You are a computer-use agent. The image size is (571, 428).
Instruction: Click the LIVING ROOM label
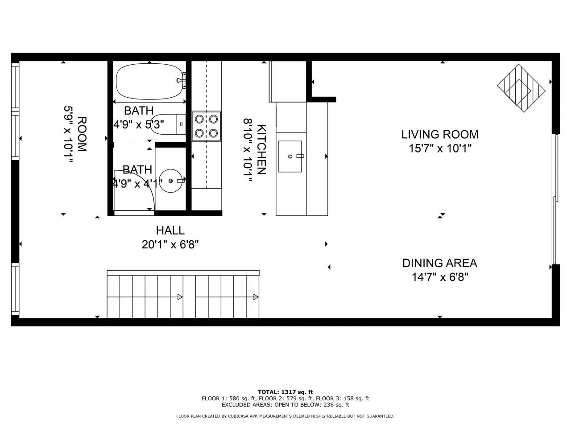point(439,134)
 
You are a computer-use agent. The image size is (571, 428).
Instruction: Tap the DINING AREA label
point(439,263)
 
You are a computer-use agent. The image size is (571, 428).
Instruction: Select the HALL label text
point(170,230)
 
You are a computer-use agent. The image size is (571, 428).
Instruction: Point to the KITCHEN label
point(262,149)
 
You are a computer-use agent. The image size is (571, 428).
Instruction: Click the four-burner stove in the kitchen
point(207,126)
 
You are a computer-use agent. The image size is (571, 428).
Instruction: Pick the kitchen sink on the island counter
point(290,156)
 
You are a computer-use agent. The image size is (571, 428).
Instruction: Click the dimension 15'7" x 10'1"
point(439,148)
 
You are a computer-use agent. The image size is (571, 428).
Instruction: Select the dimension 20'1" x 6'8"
point(170,244)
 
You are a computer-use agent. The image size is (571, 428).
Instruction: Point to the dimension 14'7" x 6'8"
point(439,277)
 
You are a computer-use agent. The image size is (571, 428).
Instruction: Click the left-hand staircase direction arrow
point(180,297)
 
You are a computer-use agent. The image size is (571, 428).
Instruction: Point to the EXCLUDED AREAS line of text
point(285,405)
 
